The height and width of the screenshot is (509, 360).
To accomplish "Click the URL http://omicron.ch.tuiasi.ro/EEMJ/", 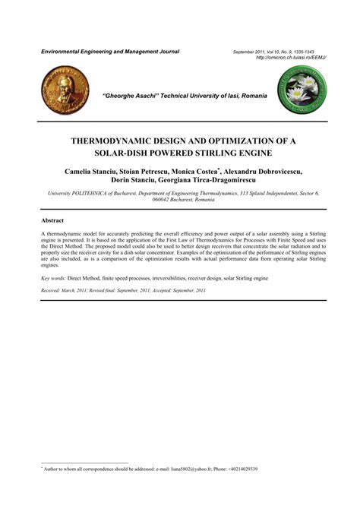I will [x=291, y=58].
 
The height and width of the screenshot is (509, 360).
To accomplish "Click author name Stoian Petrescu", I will [x=153, y=172].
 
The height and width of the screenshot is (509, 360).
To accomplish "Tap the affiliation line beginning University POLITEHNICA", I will [x=179, y=194].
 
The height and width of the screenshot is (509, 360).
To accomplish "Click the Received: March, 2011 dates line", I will [x=112, y=291].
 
